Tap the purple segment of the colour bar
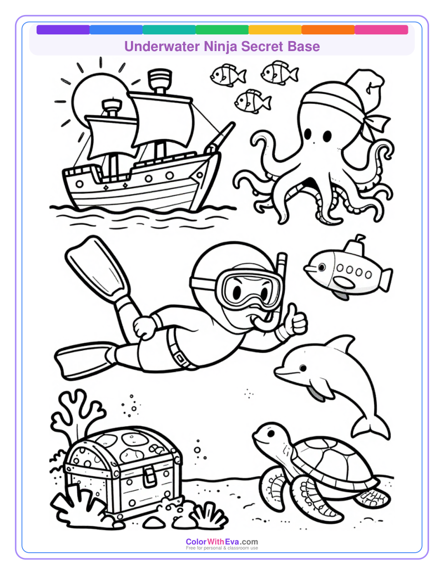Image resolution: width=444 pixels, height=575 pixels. [63, 30]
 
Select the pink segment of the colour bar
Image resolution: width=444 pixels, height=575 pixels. [381, 30]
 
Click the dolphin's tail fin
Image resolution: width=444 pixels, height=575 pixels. [371, 427]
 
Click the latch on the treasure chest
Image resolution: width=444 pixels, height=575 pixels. [148, 474]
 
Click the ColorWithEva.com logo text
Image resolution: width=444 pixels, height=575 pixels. [221, 542]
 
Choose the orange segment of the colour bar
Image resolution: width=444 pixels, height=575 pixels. [328, 30]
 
